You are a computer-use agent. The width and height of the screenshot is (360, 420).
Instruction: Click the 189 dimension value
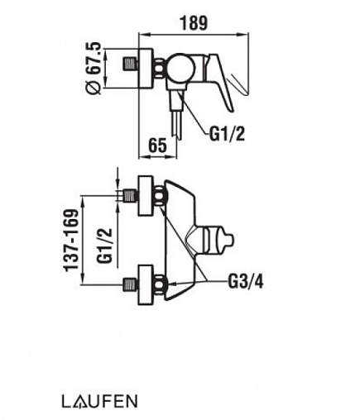(x=193, y=23)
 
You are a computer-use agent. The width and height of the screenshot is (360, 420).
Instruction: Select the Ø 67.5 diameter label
(x=94, y=69)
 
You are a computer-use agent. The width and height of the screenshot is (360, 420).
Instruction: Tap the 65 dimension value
(x=158, y=146)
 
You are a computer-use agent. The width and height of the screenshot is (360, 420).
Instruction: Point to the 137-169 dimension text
(x=71, y=241)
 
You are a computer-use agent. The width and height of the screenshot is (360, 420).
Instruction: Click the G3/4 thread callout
(x=246, y=282)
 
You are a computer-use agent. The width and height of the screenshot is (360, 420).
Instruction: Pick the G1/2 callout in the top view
(x=227, y=135)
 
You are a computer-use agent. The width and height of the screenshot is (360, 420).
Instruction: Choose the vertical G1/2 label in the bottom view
(x=105, y=245)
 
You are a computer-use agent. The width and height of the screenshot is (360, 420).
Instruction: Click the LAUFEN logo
(x=99, y=402)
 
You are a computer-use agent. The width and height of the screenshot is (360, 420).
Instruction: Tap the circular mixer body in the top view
(x=180, y=68)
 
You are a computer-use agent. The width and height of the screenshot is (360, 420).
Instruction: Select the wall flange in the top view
(x=146, y=69)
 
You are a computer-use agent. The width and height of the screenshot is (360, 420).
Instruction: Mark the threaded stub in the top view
(x=130, y=64)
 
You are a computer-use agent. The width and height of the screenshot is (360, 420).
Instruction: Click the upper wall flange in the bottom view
(x=146, y=195)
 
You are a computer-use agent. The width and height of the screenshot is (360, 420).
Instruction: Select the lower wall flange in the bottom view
(x=146, y=285)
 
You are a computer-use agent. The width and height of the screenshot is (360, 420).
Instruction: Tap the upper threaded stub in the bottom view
(x=130, y=195)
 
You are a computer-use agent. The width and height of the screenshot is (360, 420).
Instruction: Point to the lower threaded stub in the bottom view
(x=130, y=285)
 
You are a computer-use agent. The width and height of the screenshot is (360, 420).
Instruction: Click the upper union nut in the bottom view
(x=160, y=196)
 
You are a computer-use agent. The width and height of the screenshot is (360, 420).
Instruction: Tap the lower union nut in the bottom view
(x=160, y=285)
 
